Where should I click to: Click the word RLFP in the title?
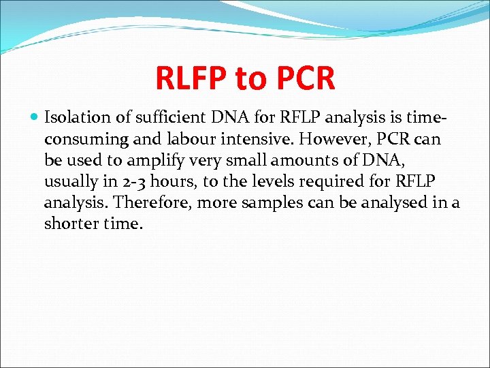pos(191,78)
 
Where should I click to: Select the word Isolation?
pos(74,119)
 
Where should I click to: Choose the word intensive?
pos(246,140)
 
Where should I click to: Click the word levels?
pos(263,183)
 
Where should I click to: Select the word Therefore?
pos(148,203)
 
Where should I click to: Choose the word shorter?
pos(70,224)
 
